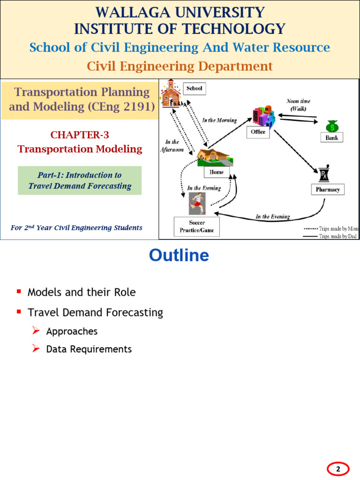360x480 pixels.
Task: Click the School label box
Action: point(194,88)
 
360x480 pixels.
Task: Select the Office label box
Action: point(258,132)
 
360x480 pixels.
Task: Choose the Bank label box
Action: point(332,137)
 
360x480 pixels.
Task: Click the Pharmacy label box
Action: point(328,189)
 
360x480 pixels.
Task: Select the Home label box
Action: point(217,172)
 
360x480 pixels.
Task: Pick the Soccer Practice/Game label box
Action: point(196,226)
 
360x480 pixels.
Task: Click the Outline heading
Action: point(179,255)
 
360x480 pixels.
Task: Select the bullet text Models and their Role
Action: point(82,292)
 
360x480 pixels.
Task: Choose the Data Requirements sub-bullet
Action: point(89,349)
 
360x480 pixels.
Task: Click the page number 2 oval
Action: point(337,469)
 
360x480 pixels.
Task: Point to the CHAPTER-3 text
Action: point(80,135)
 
